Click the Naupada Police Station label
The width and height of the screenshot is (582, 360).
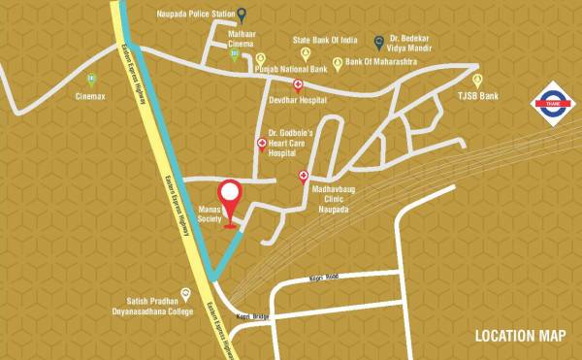[x=194, y=15]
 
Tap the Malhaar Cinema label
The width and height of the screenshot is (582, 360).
[x=242, y=39]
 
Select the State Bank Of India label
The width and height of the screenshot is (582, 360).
[x=326, y=41]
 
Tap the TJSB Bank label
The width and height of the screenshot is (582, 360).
[x=477, y=97]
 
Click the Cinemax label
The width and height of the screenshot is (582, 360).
[x=92, y=97]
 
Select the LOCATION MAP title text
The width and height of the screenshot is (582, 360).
[x=520, y=337]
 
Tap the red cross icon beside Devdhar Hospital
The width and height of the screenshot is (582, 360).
[x=284, y=85]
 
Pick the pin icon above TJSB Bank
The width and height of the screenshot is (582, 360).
[x=477, y=81]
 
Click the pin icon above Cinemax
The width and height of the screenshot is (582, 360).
[x=91, y=80]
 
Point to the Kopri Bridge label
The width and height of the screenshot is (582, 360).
[x=250, y=316]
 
